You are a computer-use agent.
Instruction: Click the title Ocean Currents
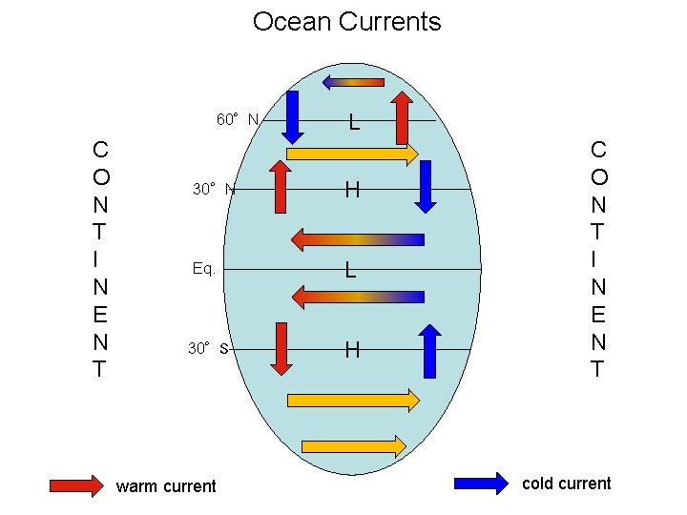click(x=346, y=22)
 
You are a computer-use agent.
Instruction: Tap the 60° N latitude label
click(x=237, y=119)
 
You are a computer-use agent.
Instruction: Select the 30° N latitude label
click(x=213, y=189)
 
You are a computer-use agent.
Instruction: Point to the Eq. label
click(x=203, y=269)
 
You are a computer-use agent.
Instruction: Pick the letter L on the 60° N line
click(x=353, y=122)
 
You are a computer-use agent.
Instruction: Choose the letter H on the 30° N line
click(x=352, y=191)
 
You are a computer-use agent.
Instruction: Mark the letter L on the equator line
click(x=351, y=271)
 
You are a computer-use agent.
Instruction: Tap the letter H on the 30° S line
click(x=352, y=350)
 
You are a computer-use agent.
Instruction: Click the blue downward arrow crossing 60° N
click(x=293, y=119)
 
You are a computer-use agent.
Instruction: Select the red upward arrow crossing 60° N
click(x=402, y=117)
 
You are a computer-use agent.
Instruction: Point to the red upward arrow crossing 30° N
click(x=280, y=186)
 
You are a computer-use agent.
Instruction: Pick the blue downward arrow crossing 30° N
click(x=426, y=186)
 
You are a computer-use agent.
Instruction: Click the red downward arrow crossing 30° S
click(x=281, y=348)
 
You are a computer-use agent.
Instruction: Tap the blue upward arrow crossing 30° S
click(x=430, y=351)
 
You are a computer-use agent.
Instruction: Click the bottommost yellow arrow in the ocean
click(x=354, y=445)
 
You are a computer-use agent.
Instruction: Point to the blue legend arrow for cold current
click(x=482, y=484)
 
